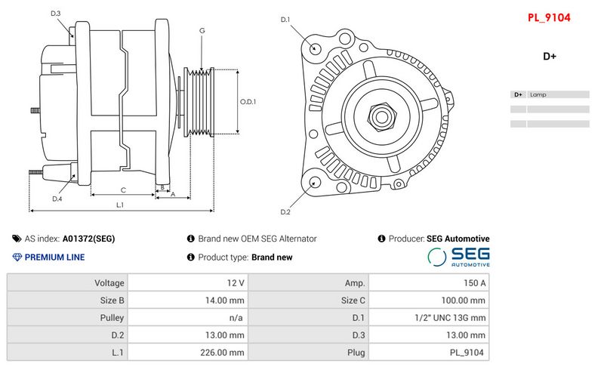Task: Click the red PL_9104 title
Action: click(549, 16)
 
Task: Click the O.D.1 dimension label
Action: click(248, 101)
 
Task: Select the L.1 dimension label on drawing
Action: click(120, 205)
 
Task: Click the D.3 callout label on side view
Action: click(56, 14)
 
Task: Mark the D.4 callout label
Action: click(57, 199)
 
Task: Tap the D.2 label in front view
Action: click(285, 211)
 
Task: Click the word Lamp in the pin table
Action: click(538, 94)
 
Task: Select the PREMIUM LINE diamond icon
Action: click(17, 258)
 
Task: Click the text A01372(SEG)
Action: click(88, 239)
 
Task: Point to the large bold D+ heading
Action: click(549, 56)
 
